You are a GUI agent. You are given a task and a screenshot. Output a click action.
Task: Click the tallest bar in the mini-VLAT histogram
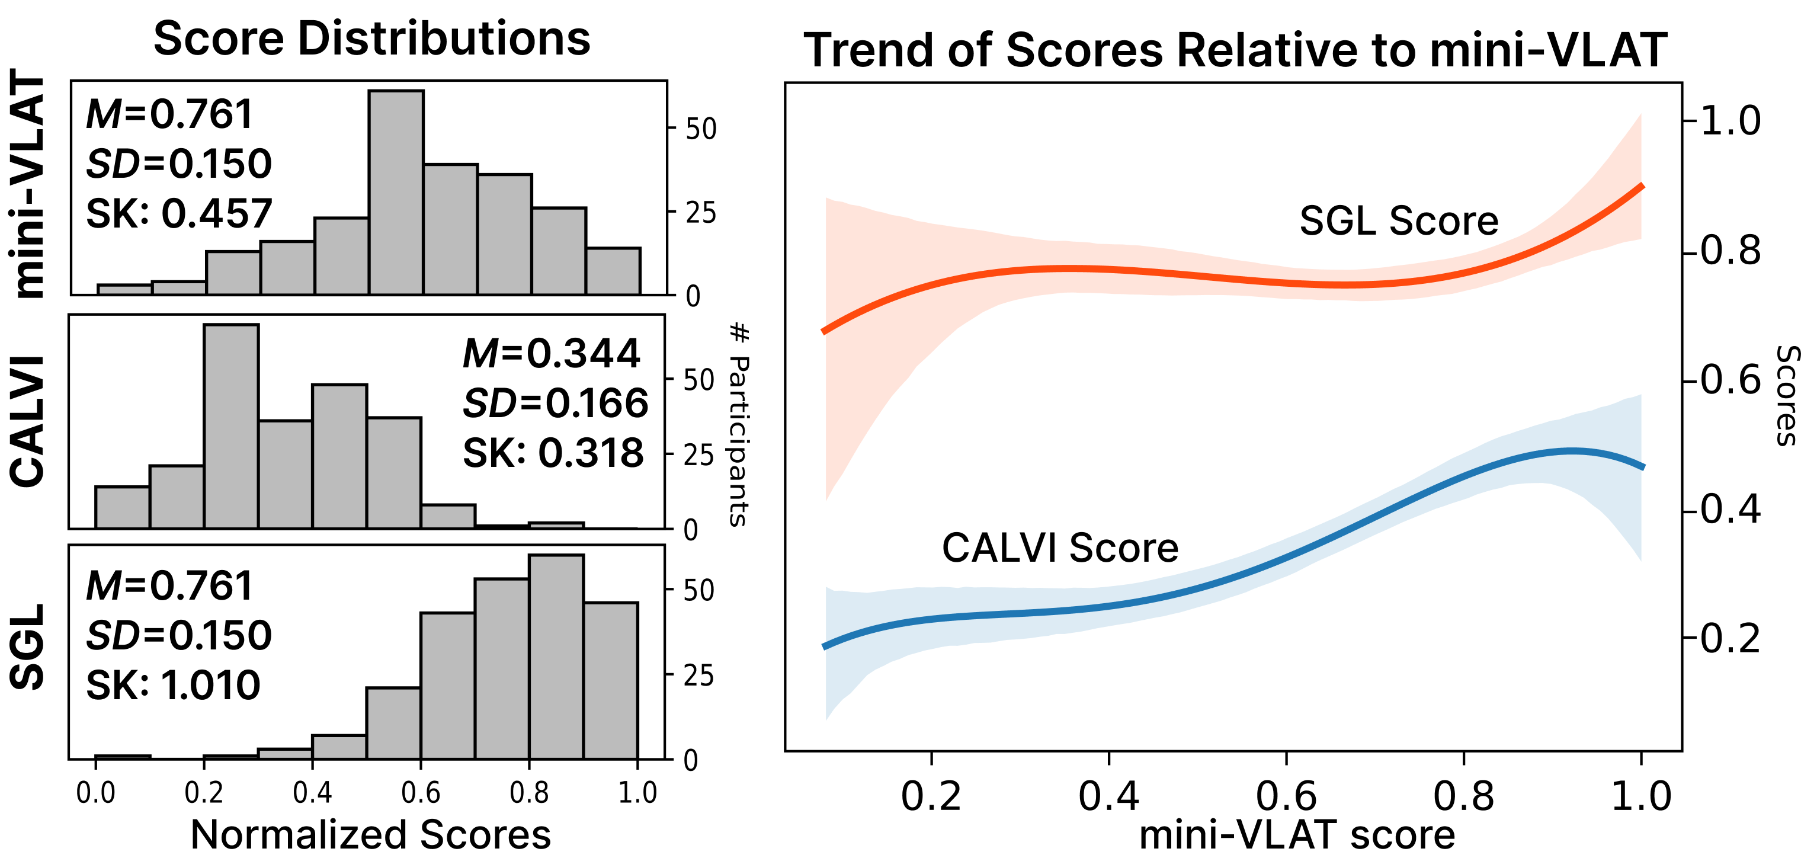[x=396, y=193]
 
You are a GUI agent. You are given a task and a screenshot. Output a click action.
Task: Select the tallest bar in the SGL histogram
[x=556, y=657]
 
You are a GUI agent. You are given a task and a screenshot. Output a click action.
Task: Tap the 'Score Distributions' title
[x=371, y=39]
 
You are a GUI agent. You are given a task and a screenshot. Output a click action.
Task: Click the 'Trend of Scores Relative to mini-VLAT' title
[x=1235, y=50]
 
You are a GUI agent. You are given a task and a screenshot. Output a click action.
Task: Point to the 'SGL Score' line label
[x=1398, y=221]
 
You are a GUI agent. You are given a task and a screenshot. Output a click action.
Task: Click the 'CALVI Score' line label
[x=1060, y=548]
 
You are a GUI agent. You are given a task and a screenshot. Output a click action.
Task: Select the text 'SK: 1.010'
[x=172, y=684]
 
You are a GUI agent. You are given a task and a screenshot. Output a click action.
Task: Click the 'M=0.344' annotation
[x=551, y=353]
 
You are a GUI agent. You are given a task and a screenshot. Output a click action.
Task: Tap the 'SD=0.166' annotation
[x=555, y=404]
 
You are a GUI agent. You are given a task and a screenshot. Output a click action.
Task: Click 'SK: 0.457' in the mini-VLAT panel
[x=178, y=213]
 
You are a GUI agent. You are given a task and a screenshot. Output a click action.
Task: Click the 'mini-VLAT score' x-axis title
[x=1297, y=834]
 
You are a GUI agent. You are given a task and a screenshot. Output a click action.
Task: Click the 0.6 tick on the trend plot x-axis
[x=1286, y=796]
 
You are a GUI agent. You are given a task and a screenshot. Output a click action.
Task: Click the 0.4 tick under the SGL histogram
[x=312, y=793]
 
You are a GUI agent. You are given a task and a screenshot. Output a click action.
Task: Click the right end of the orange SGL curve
[x=1641, y=186]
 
